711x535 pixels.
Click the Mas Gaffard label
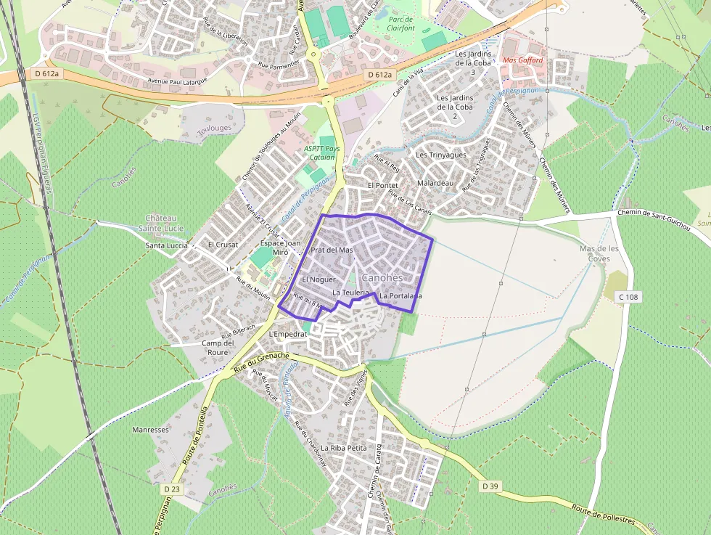522,60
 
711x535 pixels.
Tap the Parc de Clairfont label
400,24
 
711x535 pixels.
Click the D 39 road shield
490,486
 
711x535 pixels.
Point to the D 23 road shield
171,489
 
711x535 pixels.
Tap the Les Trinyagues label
440,155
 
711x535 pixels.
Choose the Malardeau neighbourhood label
435,183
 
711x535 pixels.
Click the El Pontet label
383,186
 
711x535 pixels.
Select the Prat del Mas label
332,250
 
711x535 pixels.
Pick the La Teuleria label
352,292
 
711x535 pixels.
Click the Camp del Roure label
218,348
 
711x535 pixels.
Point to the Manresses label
150,430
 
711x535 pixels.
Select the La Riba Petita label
344,449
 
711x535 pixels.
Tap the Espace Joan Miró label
280,248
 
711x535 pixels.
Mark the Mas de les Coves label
599,253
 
